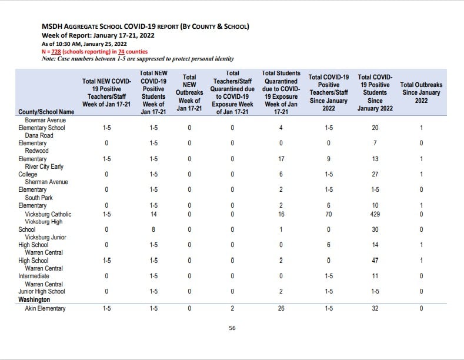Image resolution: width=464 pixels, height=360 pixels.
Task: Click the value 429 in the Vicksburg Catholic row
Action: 375,214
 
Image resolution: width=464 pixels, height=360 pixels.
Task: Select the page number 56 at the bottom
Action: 232,328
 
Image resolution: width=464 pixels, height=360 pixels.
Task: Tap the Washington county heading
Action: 34,299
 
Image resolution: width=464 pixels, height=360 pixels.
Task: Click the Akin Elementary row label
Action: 45,308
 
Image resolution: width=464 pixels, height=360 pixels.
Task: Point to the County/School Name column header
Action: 46,111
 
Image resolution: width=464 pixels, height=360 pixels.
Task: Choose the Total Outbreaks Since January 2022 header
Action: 421,92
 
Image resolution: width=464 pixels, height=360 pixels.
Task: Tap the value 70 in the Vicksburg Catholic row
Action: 329,214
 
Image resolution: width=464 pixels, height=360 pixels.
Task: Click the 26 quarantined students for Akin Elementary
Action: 281,308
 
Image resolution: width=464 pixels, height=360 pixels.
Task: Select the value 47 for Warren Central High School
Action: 375,260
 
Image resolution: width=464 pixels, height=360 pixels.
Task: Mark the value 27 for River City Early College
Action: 375,174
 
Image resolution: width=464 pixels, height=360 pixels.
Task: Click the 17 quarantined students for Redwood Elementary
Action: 281,158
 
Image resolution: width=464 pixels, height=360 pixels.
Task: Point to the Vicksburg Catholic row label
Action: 48,214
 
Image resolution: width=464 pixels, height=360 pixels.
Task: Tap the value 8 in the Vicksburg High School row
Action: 153,229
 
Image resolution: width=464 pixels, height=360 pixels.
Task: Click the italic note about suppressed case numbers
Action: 138,58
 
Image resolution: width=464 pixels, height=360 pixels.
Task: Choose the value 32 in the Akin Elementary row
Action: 375,308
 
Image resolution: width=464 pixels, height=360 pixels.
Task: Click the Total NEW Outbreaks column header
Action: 189,92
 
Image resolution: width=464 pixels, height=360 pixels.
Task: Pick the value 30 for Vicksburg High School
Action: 375,229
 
